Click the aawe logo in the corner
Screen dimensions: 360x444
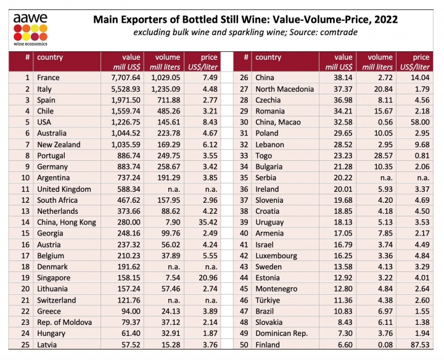point(30,25)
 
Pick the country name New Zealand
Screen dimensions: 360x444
point(59,144)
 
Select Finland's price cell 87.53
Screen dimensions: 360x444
point(416,344)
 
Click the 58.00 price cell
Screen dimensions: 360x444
point(416,122)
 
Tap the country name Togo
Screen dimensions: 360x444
point(265,155)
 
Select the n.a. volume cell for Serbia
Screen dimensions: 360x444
point(381,178)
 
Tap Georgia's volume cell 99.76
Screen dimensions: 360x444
point(168,233)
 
